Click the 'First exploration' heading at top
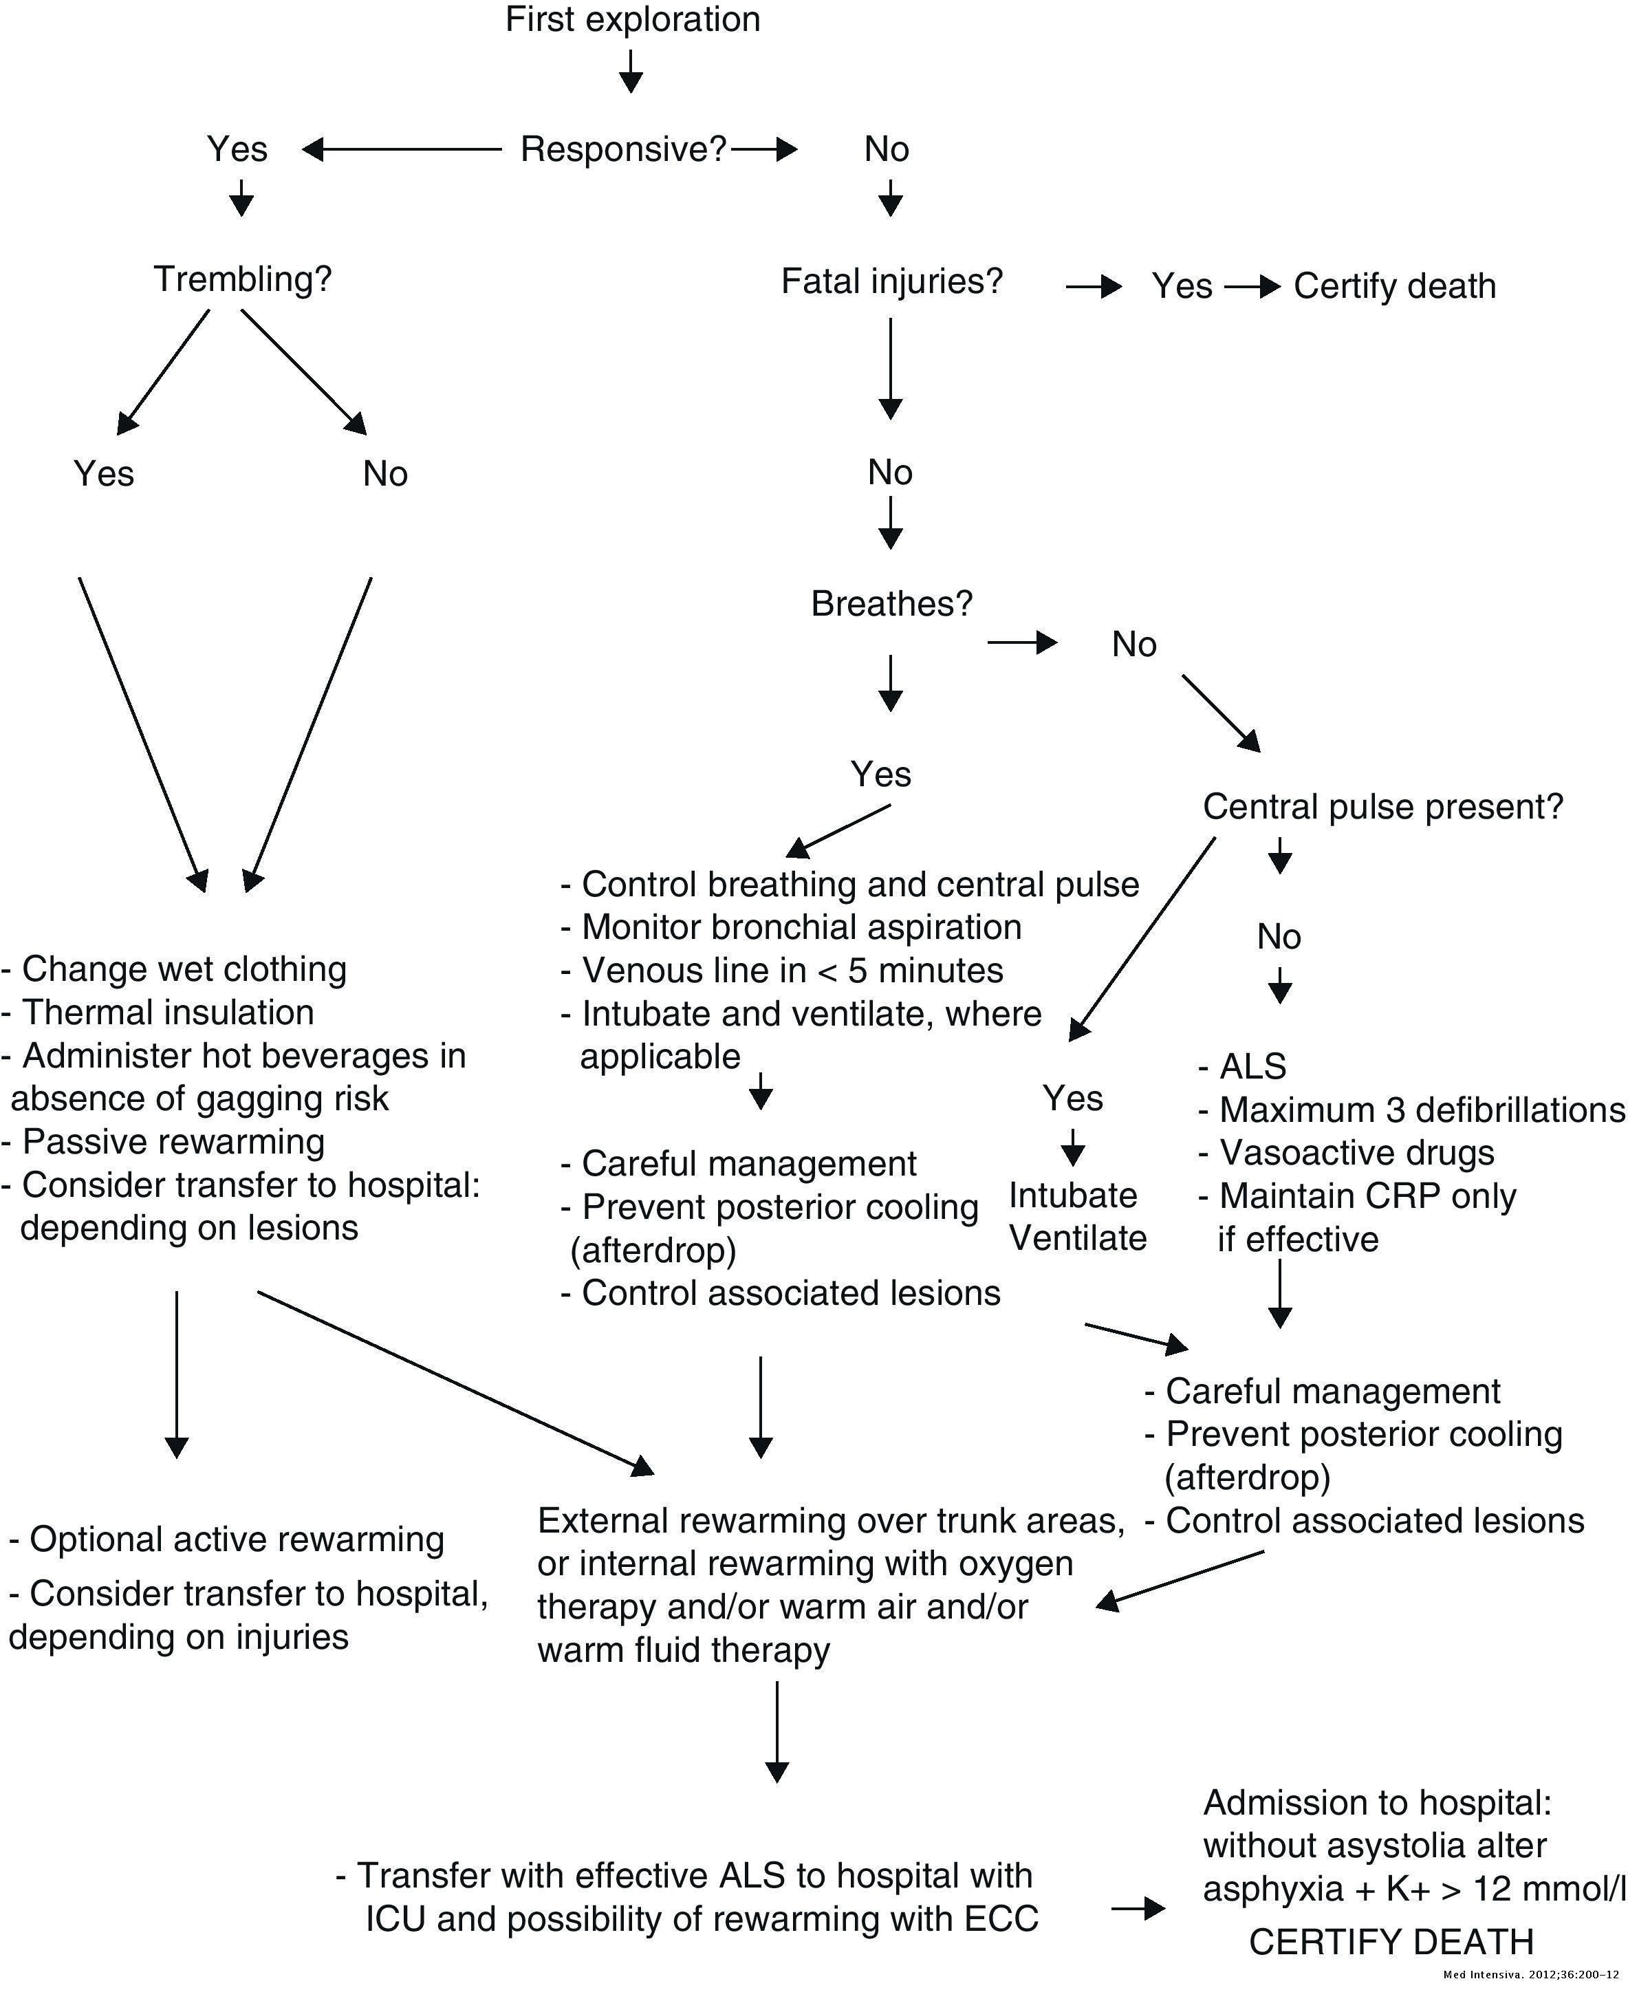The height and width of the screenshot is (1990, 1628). coord(632,20)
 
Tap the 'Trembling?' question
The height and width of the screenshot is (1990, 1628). coord(243,279)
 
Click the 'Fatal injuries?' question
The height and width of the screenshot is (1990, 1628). coord(892,281)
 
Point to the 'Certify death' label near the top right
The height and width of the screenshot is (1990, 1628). coord(1394,286)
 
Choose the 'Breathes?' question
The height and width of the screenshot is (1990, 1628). coord(891,603)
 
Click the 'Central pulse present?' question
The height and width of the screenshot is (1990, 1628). coord(1382,806)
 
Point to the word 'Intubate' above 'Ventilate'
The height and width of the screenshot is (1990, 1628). coord(1073,1196)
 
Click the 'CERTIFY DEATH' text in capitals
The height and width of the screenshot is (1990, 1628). coord(1391,1941)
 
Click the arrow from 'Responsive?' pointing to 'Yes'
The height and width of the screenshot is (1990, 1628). coord(402,149)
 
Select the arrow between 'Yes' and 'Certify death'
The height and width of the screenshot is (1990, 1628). coord(1251,287)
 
